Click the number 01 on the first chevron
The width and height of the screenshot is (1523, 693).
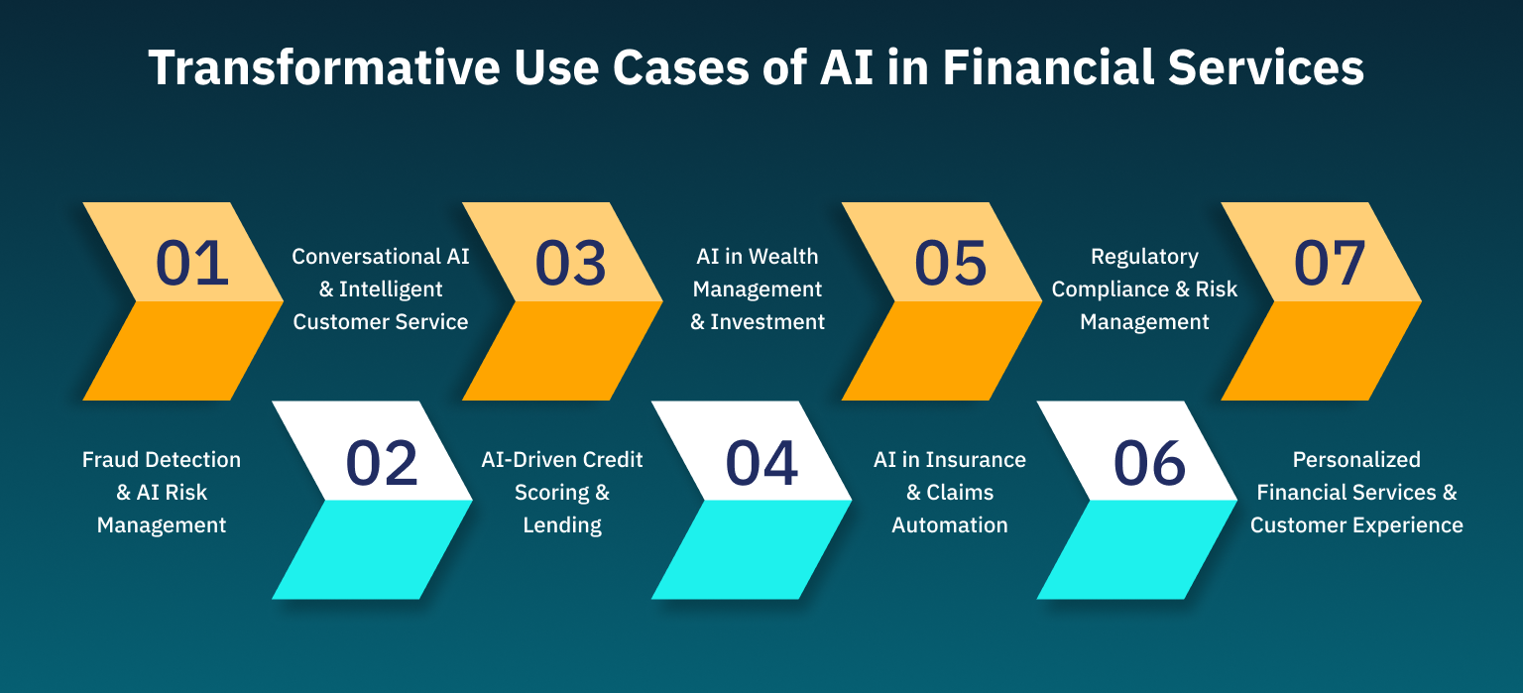[191, 263]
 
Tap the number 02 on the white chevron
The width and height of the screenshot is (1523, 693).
[382, 463]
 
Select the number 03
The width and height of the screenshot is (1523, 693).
[570, 263]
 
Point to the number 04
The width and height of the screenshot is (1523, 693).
[761, 463]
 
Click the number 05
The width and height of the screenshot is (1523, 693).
[951, 263]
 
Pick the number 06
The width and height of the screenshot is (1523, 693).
[1150, 463]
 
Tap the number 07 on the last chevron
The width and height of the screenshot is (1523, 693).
[1330, 263]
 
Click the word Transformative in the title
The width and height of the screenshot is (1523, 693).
[324, 68]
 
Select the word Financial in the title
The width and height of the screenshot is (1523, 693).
[1048, 68]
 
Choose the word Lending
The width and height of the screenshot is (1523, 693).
[562, 525]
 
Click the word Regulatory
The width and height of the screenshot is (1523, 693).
[1145, 257]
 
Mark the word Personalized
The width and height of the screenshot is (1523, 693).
[1356, 460]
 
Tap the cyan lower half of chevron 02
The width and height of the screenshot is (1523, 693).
[373, 549]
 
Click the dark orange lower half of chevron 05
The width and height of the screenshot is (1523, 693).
[942, 351]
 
